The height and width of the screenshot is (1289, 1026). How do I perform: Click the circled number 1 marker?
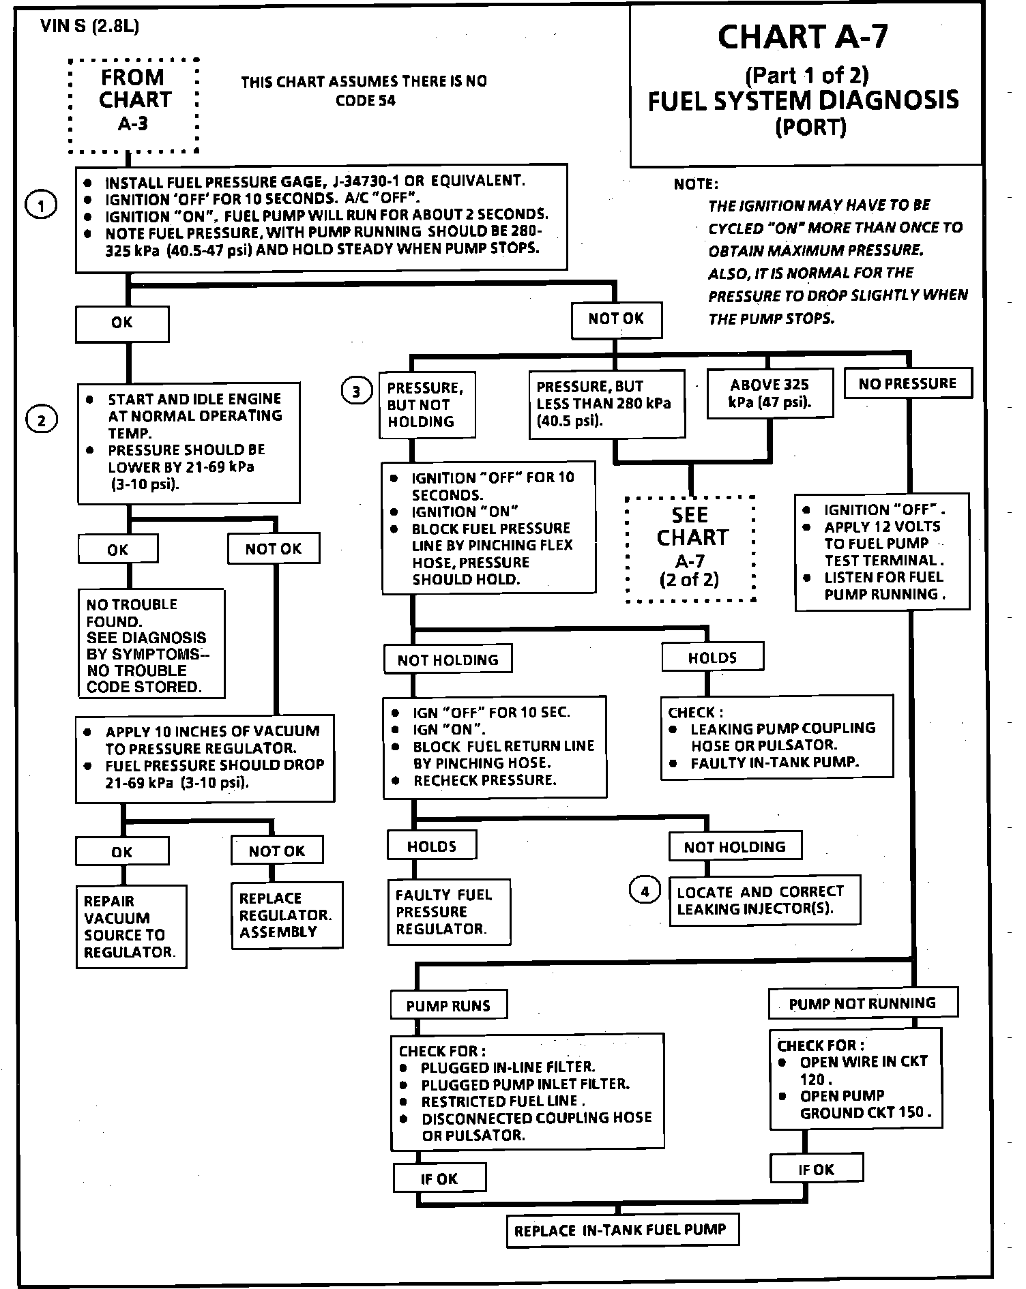40,205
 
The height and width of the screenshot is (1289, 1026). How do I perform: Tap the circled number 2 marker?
42,420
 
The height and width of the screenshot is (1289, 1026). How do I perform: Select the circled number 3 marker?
356,391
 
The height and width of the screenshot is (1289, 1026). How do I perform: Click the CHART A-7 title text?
803,37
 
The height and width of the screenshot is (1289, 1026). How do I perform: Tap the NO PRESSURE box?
907,384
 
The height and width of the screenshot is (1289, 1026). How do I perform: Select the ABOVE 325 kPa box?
769,393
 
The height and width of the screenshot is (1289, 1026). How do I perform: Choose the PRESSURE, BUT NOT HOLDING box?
426,404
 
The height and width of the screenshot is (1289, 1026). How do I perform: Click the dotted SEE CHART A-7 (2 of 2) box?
690,549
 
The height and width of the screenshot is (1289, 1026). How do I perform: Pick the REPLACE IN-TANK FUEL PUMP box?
622,1230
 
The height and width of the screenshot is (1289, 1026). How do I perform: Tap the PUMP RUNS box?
448,1005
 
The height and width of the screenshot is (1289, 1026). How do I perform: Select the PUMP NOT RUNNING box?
862,1003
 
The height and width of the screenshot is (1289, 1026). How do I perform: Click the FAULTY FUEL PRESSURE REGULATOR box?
448,912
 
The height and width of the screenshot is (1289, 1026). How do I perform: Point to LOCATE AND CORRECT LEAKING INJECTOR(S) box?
764,900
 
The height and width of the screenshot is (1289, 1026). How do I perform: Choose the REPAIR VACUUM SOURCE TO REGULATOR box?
130,926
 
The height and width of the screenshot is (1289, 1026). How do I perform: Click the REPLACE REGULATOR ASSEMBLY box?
286,915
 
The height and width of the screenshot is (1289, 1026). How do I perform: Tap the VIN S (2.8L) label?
90,26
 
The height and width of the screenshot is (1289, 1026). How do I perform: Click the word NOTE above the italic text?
695,184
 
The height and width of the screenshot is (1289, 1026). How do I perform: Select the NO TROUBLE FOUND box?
151,644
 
